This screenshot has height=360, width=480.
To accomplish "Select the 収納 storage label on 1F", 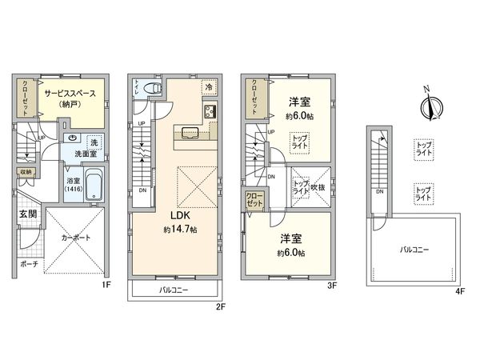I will [x=26, y=171].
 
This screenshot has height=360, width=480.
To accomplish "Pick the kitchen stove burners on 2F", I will [x=210, y=111].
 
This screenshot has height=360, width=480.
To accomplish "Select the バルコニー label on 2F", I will [x=173, y=290].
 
